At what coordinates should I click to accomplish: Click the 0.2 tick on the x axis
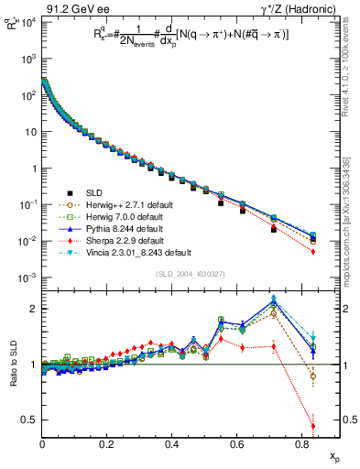[108, 445]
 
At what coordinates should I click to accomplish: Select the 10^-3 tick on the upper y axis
[27, 278]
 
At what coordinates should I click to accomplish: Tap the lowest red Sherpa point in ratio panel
[313, 425]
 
